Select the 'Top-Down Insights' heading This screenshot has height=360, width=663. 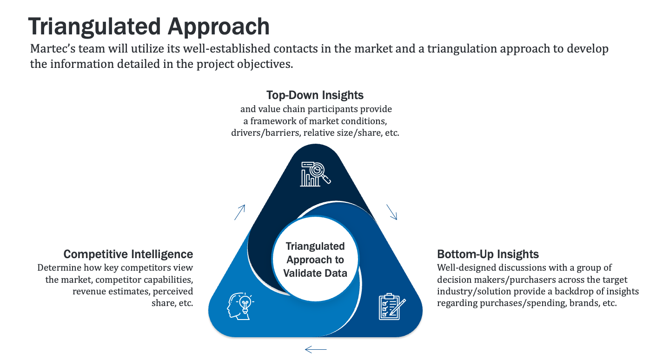315,95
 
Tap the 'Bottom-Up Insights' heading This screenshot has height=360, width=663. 488,254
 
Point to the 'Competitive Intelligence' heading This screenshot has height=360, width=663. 128,254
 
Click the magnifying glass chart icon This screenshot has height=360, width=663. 315,174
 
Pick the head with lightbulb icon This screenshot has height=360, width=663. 240,306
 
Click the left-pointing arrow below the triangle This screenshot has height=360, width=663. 316,350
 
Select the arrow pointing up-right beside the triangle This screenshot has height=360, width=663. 240,212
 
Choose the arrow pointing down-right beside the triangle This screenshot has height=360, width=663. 391,212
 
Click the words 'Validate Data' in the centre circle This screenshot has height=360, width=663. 315,273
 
